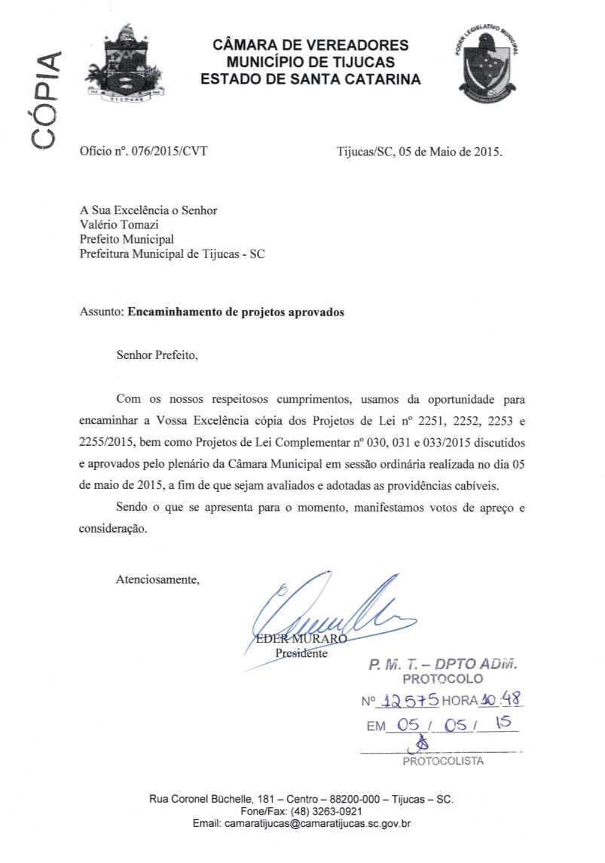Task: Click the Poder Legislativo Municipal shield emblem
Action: (x=489, y=64)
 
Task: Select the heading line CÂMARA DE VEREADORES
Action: (x=311, y=46)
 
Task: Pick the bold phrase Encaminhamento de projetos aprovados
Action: (x=236, y=312)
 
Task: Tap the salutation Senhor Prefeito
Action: (x=157, y=354)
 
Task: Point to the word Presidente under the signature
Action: (x=301, y=653)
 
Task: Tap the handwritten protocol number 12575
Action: (x=408, y=700)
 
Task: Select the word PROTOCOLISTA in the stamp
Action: (x=443, y=761)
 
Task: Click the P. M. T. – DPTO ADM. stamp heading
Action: (x=443, y=665)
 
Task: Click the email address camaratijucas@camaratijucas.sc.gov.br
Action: (x=317, y=824)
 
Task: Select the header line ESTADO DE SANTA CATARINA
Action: (x=311, y=78)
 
